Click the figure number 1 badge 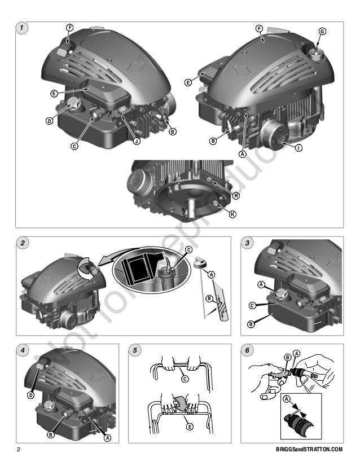point(21,28)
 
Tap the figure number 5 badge point(135,350)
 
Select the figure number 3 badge point(247,243)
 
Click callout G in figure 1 point(322,31)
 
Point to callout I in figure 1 point(298,148)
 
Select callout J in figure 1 point(137,141)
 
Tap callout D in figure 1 point(49,121)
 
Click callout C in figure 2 point(189,249)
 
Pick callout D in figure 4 point(30,395)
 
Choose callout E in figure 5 point(190,427)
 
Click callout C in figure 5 point(185,379)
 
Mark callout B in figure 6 point(288,358)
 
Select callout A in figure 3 point(261,285)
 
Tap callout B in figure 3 point(251,324)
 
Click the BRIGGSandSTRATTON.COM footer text point(309,449)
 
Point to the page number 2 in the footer point(19,449)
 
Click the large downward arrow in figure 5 point(180,403)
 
